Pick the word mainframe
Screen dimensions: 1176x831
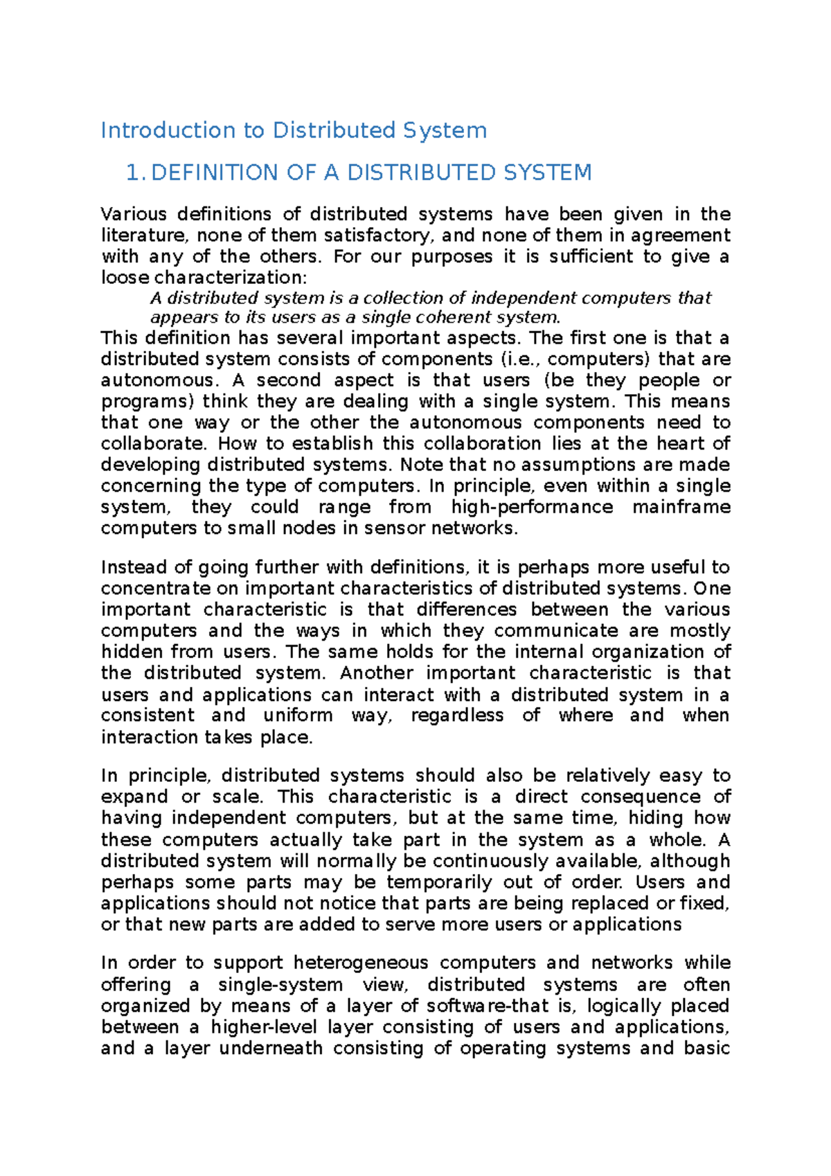click(x=681, y=507)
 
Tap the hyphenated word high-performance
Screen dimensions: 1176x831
click(x=532, y=507)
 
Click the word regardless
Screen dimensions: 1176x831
click(x=457, y=715)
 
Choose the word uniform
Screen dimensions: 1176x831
click(x=298, y=715)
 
